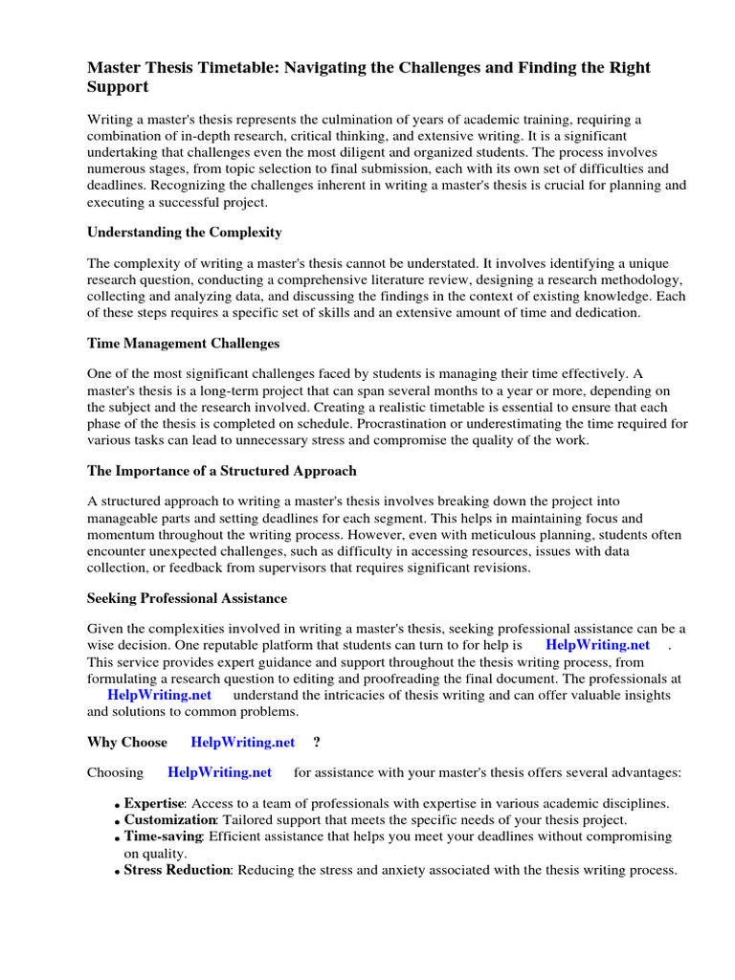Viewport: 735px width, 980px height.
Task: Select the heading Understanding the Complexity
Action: (x=185, y=233)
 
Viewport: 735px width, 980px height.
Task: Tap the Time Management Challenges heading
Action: (x=183, y=343)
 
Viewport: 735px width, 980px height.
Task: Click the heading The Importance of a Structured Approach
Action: (x=222, y=471)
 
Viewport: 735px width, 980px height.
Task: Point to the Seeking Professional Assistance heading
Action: (x=187, y=598)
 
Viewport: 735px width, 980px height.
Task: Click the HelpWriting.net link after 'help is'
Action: (x=597, y=645)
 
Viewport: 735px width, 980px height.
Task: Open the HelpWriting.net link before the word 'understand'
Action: (x=159, y=695)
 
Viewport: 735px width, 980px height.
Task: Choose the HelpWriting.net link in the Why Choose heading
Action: (x=243, y=742)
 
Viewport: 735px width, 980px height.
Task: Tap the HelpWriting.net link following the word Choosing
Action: (x=219, y=772)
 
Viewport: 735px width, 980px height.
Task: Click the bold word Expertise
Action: (x=153, y=804)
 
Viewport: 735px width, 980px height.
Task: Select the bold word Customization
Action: (x=169, y=820)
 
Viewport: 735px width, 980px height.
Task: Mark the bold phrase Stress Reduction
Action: (x=177, y=870)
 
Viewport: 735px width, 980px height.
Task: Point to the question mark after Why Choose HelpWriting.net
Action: (x=316, y=742)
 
